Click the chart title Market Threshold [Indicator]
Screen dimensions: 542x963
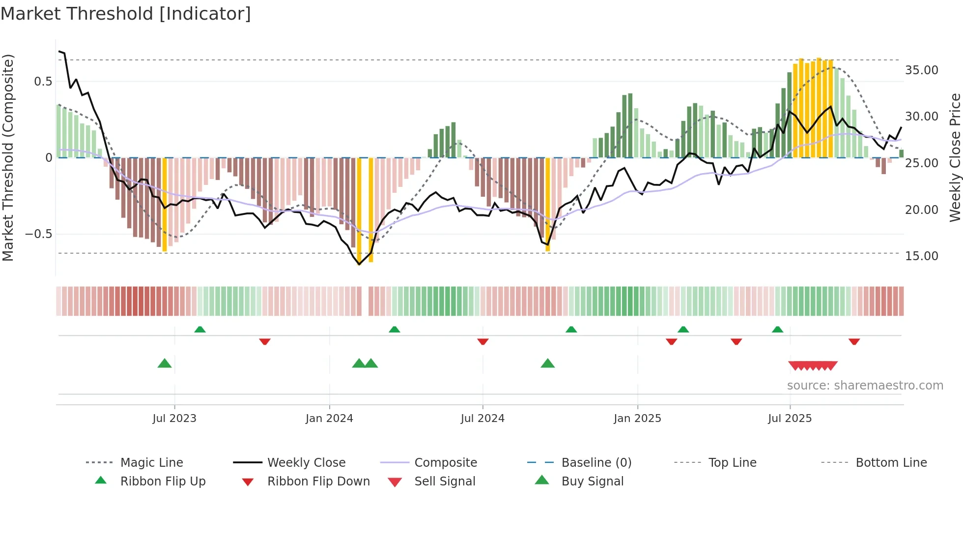(126, 14)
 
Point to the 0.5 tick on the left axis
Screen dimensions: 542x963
(43, 82)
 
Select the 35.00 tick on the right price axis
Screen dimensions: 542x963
(921, 70)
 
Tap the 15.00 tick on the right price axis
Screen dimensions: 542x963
(921, 256)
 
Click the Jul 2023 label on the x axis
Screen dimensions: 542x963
(174, 419)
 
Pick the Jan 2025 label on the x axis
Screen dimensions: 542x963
(637, 419)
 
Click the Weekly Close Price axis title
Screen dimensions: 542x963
(955, 157)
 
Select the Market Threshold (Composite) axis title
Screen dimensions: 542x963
(8, 157)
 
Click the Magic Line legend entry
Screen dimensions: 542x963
(151, 463)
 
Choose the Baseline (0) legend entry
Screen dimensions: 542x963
(596, 463)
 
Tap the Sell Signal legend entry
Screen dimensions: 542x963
(445, 482)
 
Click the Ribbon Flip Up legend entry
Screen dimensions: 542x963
(163, 482)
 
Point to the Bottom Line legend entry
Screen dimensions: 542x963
(891, 463)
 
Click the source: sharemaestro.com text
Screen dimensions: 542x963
(865, 386)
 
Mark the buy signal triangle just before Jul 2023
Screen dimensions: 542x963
(165, 363)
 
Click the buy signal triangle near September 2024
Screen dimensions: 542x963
(547, 363)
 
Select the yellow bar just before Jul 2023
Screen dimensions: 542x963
(165, 204)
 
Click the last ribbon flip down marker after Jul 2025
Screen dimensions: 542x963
(854, 341)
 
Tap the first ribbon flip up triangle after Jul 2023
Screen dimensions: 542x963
(200, 330)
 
